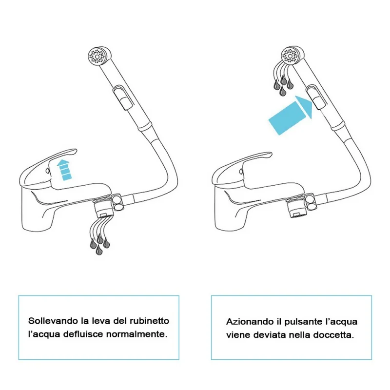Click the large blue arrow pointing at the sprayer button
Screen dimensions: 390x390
(x=291, y=115)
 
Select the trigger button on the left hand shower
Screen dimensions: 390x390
(x=123, y=97)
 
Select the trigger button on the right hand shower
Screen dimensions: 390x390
(x=316, y=97)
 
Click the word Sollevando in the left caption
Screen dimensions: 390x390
(x=53, y=321)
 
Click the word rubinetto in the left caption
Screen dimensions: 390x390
(x=150, y=321)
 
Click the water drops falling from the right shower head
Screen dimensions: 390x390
(x=283, y=79)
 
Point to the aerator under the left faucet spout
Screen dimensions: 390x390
(x=103, y=209)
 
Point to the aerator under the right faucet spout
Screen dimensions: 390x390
(x=296, y=209)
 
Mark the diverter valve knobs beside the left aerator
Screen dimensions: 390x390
(x=118, y=203)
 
